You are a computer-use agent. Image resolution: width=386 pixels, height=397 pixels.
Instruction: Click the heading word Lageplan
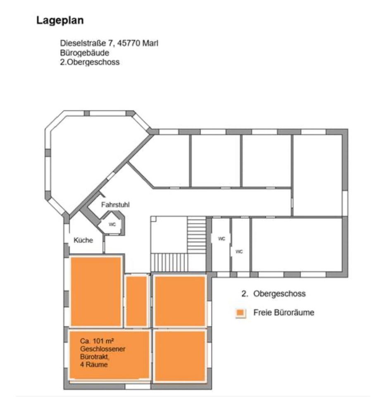tap(60, 20)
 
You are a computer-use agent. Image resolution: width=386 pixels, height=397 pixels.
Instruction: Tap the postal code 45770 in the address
tap(129, 43)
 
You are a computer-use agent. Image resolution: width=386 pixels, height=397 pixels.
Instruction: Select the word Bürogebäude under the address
tap(85, 53)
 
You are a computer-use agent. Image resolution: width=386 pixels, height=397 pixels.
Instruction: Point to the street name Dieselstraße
tap(81, 43)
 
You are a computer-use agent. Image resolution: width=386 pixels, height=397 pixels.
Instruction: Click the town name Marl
tap(150, 43)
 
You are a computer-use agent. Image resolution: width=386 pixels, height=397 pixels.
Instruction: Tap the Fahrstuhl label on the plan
tap(116, 204)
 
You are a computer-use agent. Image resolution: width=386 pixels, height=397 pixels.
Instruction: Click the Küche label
tap(83, 240)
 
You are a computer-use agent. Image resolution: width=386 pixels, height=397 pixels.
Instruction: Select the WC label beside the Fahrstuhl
tap(112, 225)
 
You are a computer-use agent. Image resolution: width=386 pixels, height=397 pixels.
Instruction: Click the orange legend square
tap(240, 313)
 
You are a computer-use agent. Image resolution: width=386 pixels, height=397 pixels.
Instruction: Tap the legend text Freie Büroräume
tap(284, 312)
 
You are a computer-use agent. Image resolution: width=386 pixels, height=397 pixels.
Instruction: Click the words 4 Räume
tap(94, 364)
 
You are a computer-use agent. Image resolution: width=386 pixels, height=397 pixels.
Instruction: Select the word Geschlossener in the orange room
tap(103, 349)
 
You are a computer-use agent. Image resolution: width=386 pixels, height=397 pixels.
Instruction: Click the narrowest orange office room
tap(136, 301)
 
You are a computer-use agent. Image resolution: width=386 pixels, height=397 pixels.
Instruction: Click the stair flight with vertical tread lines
tap(169, 262)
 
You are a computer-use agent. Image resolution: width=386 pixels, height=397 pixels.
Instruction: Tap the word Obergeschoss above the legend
tap(280, 294)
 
